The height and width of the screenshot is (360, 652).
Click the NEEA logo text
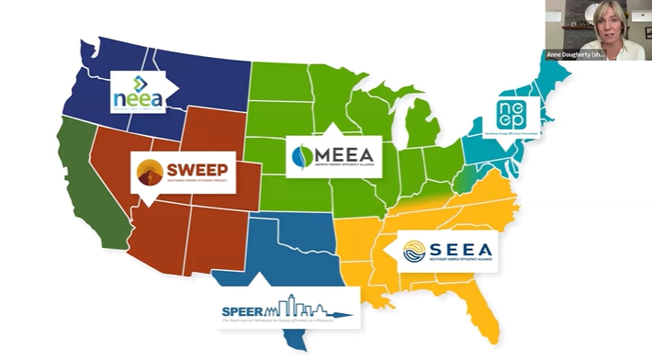[x=139, y=96]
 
